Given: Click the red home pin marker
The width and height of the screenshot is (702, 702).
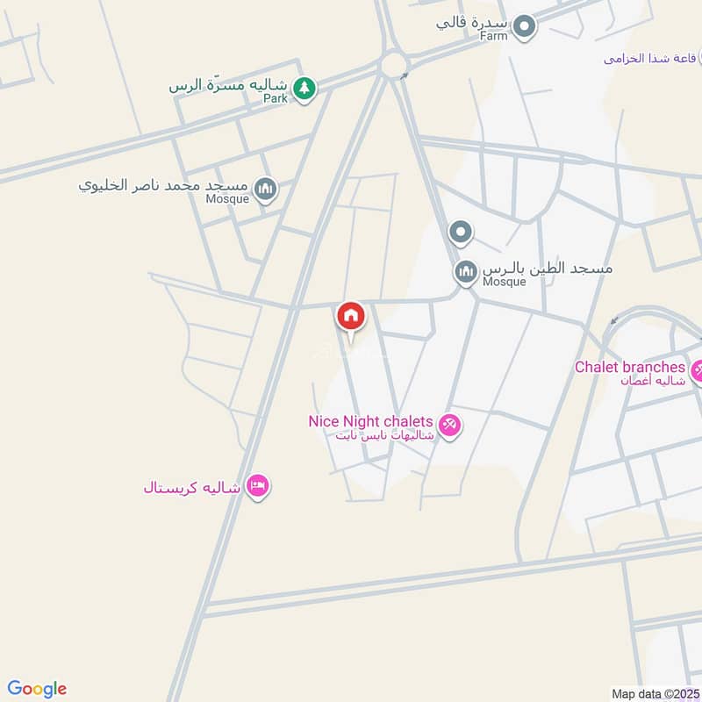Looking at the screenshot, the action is (351, 316).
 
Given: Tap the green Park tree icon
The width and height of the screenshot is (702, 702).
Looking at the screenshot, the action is (304, 88).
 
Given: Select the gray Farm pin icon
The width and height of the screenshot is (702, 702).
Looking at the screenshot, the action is (525, 26).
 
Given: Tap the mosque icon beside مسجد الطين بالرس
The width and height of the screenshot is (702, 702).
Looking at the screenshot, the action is (465, 271).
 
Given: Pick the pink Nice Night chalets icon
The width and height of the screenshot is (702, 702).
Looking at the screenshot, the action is (450, 426).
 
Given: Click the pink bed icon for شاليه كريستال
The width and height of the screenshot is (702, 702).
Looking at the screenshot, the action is (257, 485).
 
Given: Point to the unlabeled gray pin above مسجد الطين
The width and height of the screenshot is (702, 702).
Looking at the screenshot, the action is (461, 233).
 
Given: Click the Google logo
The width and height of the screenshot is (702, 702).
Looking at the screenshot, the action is (37, 689).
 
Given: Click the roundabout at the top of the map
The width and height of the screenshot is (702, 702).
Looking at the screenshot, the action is (393, 63).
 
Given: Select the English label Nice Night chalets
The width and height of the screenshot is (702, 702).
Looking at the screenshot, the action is (370, 421).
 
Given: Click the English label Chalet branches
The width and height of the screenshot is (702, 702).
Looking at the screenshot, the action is (629, 367).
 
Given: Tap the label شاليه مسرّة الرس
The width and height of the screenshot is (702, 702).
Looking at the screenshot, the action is (229, 86).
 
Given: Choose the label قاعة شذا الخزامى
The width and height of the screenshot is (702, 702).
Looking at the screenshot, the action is (649, 59).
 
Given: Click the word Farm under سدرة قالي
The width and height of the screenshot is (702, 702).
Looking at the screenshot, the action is (494, 37).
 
